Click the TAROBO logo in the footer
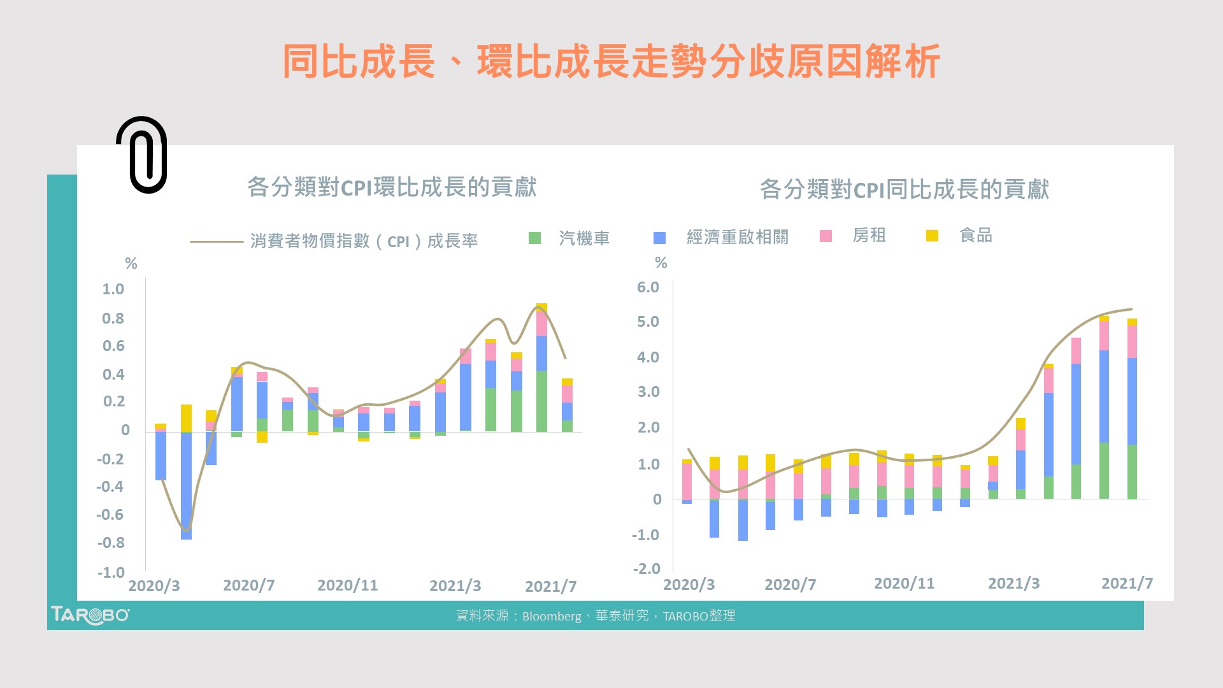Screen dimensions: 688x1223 tap(90, 615)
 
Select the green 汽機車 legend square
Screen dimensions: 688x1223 tap(534, 238)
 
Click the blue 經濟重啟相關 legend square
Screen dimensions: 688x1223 tap(659, 238)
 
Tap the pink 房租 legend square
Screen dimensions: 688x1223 tap(826, 236)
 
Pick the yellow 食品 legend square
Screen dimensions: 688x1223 tap(932, 236)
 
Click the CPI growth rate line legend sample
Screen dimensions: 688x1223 tap(217, 241)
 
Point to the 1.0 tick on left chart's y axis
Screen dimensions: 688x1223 tap(113, 289)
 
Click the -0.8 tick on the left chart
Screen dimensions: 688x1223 tap(111, 543)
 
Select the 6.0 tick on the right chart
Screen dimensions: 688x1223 tap(648, 287)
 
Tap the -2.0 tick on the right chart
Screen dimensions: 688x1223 tap(646, 568)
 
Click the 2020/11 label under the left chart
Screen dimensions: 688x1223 tap(347, 585)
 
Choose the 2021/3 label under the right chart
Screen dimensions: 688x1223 tap(1013, 584)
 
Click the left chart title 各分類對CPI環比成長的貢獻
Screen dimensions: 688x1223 tap(392, 187)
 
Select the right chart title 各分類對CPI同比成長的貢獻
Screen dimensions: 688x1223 tap(904, 189)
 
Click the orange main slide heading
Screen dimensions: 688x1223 tap(611, 62)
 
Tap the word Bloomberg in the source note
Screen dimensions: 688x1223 tap(551, 616)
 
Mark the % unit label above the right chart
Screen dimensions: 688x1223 tap(661, 263)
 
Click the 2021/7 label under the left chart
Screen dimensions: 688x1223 tap(550, 586)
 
